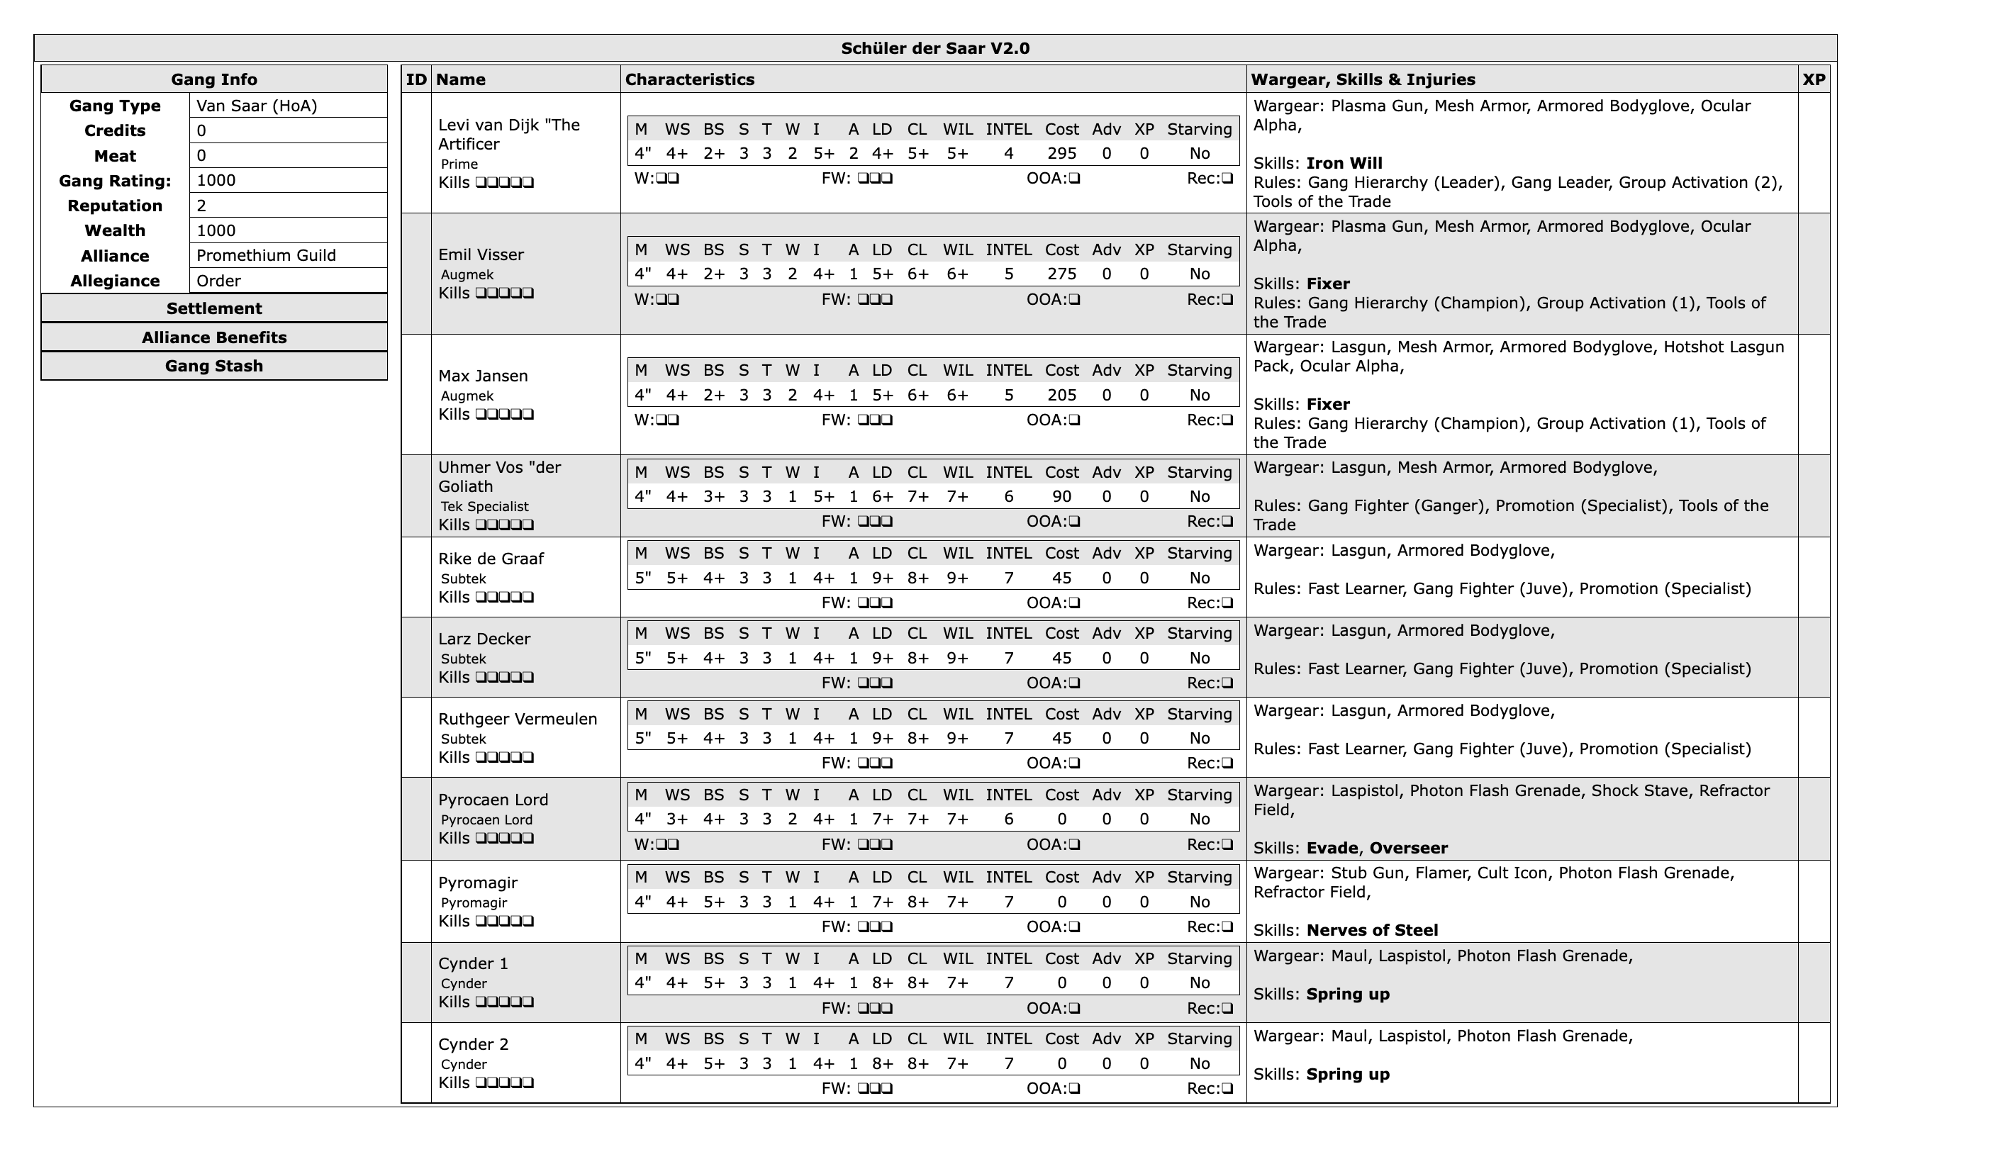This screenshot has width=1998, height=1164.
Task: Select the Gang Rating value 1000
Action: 216,180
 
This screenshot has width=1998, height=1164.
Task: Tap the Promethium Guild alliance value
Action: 267,255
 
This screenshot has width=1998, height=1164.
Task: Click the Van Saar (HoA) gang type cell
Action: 257,106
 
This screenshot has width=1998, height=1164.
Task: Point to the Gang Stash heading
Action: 214,366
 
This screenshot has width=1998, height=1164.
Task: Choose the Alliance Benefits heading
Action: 214,337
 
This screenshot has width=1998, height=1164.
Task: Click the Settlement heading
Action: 214,308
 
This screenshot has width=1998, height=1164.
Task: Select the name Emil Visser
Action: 481,254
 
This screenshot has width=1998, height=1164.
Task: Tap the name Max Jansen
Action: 483,376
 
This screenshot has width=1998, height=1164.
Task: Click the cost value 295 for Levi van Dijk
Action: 1061,154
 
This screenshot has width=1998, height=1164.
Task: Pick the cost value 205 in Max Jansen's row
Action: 1061,395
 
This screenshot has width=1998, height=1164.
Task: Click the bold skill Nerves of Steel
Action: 1372,930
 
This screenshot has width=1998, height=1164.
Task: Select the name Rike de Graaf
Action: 491,558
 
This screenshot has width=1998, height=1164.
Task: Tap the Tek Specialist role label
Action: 484,507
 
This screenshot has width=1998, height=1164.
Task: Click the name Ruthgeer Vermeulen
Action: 517,720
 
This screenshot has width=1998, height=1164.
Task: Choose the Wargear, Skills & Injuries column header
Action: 1362,79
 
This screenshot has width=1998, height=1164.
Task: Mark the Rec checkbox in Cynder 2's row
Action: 1227,1089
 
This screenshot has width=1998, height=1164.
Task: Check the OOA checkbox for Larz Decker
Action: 1074,683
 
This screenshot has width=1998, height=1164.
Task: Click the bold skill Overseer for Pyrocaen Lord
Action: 1408,848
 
